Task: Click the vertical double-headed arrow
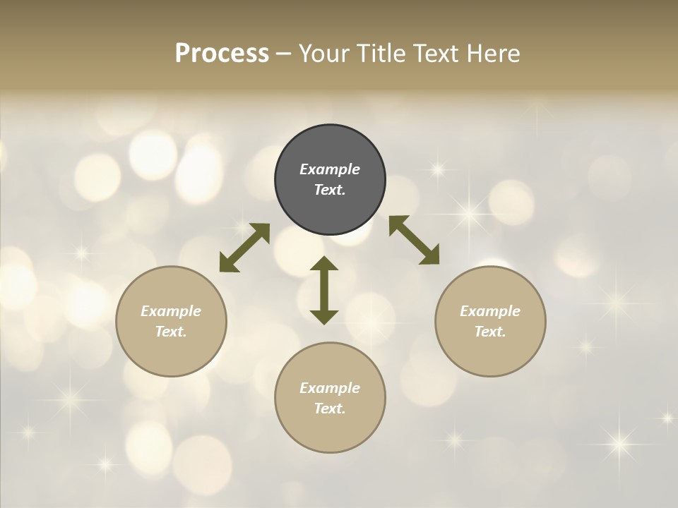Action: (x=324, y=290)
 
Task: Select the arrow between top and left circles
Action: (x=244, y=247)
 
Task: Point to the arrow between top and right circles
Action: (x=414, y=240)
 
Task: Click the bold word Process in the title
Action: (x=222, y=54)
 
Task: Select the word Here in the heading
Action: (x=492, y=54)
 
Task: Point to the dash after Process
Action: (x=284, y=54)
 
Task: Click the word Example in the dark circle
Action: (x=330, y=169)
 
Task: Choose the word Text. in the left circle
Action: (x=171, y=332)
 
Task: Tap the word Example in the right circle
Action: (x=490, y=311)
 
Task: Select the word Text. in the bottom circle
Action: (x=330, y=409)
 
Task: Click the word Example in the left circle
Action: (x=171, y=311)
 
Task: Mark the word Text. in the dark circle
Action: (x=330, y=190)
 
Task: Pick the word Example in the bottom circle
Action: (x=330, y=388)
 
